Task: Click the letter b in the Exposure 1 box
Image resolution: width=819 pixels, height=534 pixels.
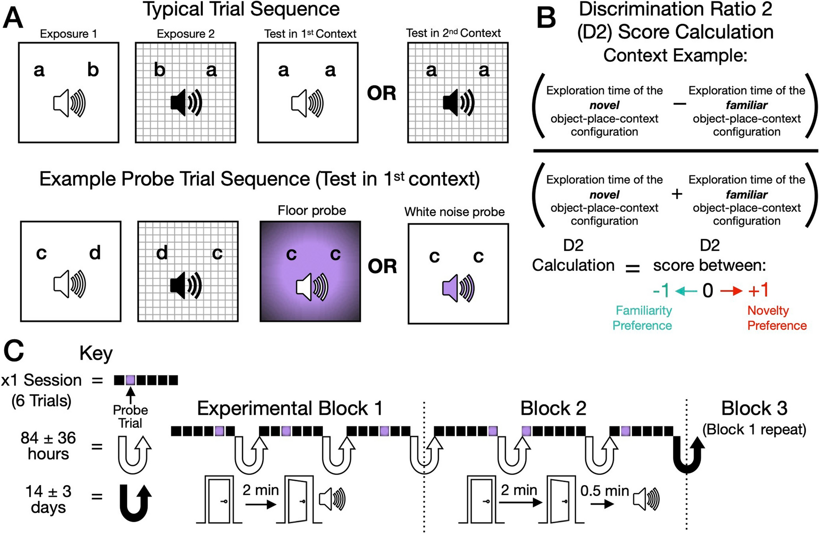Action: click(x=93, y=70)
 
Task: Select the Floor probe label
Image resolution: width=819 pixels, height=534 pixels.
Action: click(x=312, y=211)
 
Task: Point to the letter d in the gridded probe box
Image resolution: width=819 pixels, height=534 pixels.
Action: click(x=162, y=253)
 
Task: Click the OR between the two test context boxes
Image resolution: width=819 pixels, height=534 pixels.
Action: click(x=382, y=93)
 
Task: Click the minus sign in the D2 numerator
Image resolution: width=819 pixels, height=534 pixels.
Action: click(x=679, y=104)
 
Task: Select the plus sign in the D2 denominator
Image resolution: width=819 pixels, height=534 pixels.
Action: click(x=677, y=194)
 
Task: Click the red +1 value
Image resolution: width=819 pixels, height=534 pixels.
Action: click(x=758, y=291)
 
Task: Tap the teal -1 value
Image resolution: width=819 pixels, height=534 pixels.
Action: click(x=661, y=291)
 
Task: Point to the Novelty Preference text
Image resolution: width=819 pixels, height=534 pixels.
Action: click(x=777, y=318)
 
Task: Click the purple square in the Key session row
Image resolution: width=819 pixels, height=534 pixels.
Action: click(x=131, y=380)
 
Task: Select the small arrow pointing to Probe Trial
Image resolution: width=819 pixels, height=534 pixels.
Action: click(x=131, y=395)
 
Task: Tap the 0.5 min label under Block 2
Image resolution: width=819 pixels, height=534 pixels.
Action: click(x=604, y=491)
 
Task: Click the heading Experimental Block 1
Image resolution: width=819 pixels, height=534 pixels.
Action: click(x=290, y=408)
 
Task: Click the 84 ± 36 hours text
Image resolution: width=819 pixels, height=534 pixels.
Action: click(x=48, y=446)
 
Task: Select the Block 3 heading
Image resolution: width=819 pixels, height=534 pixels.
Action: click(x=754, y=408)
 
